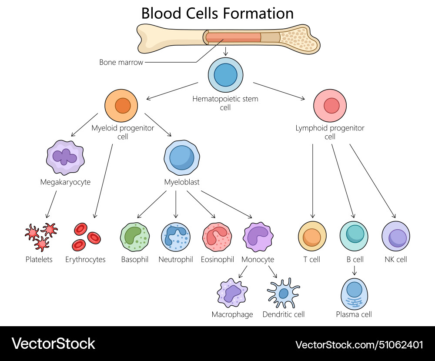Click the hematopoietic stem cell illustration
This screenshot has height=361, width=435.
tap(225, 75)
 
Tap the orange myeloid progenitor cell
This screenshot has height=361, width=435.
tap(121, 106)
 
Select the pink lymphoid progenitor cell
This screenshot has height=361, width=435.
tap(330, 106)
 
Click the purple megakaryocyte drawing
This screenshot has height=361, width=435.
tap(65, 157)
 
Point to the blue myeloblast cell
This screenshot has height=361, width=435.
tap(182, 157)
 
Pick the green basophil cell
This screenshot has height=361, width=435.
tap(135, 237)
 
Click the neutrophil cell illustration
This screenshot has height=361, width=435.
tap(176, 237)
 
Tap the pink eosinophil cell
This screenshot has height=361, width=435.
tap(217, 237)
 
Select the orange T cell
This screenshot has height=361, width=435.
tap(312, 237)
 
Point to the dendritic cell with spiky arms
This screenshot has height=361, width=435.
tap(284, 294)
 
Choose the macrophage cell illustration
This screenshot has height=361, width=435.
tap(232, 294)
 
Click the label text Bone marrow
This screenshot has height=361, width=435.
tap(121, 62)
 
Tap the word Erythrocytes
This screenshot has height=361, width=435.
tap(85, 260)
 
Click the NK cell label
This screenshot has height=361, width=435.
tap(396, 260)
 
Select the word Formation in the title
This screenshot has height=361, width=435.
tap(258, 13)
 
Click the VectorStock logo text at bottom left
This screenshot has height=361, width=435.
tap(53, 344)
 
